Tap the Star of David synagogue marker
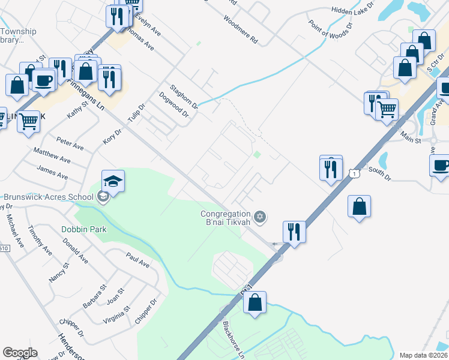click(x=259, y=217)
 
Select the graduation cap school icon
click(x=113, y=181)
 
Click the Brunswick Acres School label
click(x=48, y=197)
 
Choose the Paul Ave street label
click(x=137, y=259)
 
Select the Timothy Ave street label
click(x=41, y=241)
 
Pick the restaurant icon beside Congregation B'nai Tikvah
click(x=294, y=231)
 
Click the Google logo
click(x=20, y=353)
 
